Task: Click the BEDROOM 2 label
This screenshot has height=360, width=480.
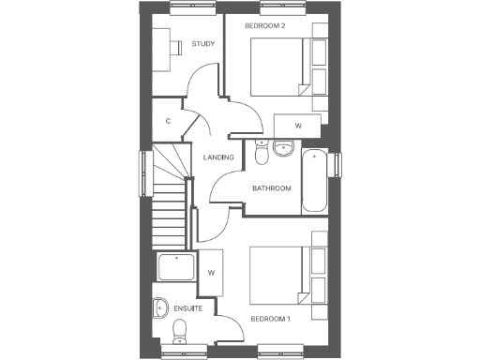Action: point(264,26)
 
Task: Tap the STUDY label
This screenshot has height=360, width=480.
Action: point(202,43)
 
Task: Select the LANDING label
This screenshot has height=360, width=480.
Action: point(218,157)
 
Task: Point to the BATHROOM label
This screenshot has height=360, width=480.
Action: point(272,188)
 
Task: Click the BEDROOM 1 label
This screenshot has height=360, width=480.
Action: point(270,320)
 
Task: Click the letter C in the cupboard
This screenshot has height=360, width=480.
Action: point(168,121)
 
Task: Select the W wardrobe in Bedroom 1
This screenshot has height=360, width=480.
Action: point(212,273)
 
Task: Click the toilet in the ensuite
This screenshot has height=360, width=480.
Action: point(179,328)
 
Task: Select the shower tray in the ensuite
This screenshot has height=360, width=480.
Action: point(176,267)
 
